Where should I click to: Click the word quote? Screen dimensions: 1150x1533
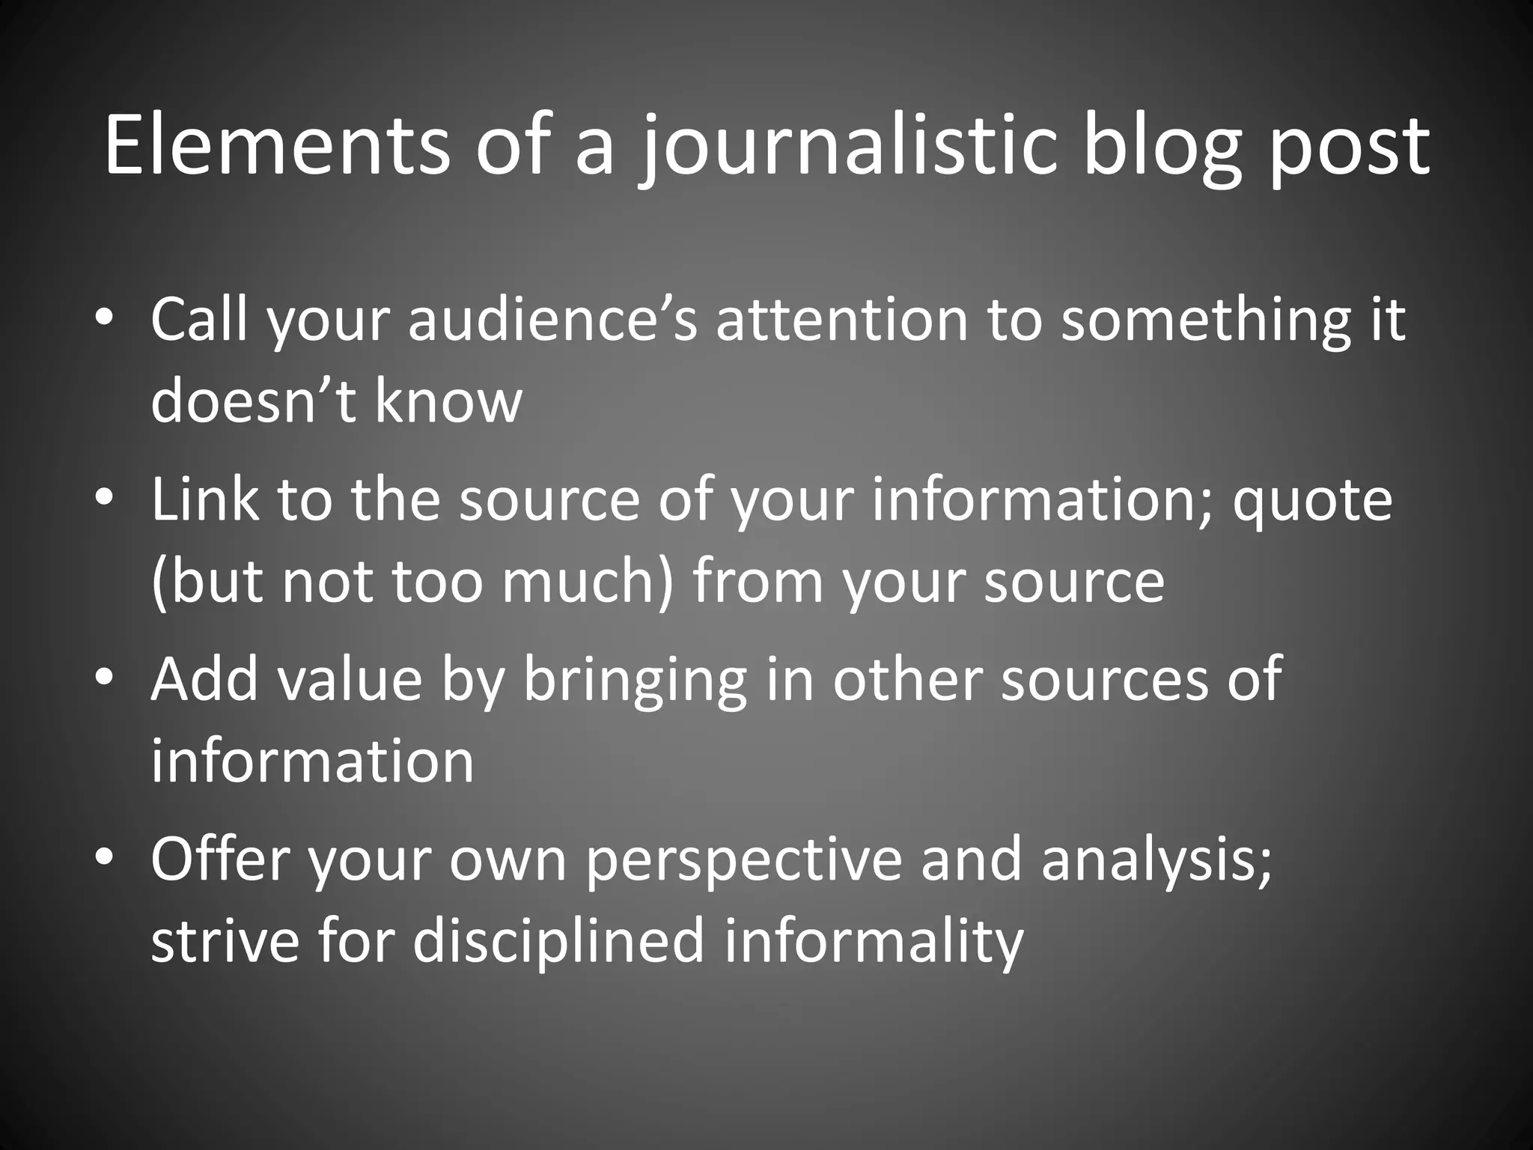(x=1311, y=500)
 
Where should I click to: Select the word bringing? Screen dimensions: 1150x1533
(x=635, y=680)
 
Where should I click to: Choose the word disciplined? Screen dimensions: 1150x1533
(x=558, y=941)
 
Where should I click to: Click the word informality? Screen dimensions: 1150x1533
(x=873, y=941)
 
